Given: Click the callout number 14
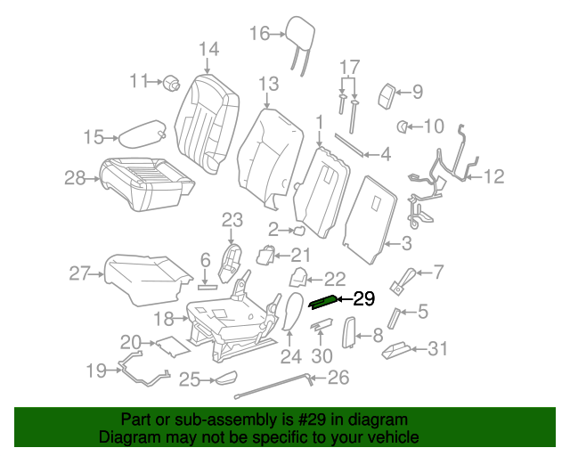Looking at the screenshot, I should click(x=208, y=48).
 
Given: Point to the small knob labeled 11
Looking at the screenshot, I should click(x=171, y=83).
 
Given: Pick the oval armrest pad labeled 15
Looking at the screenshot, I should click(x=141, y=134).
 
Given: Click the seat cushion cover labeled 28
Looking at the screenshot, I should click(x=147, y=182).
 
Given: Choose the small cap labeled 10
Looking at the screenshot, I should click(x=403, y=127).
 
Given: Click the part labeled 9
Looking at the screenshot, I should click(x=388, y=93).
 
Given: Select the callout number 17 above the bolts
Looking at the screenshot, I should click(x=348, y=66).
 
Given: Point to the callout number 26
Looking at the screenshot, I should click(x=338, y=378).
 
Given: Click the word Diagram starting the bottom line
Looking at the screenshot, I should click(x=127, y=437).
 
